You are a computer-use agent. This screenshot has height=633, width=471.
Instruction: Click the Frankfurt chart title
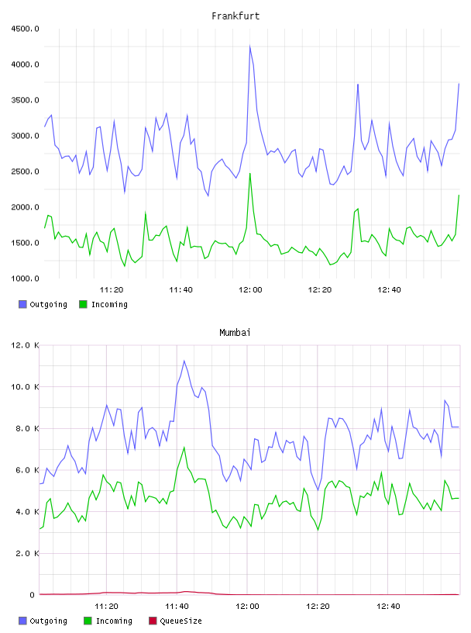coord(235,16)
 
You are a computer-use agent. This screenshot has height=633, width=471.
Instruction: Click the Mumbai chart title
coord(235,333)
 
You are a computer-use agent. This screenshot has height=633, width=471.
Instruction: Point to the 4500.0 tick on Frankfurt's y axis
coord(25,29)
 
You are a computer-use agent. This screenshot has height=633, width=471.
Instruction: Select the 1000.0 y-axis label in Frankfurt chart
coord(25,278)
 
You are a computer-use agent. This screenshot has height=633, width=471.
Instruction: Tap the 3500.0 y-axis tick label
coord(25,100)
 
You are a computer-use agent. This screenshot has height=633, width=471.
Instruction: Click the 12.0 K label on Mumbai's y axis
coord(25,345)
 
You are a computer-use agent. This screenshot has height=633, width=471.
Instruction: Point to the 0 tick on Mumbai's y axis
coord(33,595)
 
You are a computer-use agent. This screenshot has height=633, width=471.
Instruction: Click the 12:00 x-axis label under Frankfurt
coord(250,290)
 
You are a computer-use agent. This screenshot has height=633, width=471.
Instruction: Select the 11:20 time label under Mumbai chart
coord(106,607)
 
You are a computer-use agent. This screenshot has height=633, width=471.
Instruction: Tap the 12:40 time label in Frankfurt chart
coord(389,290)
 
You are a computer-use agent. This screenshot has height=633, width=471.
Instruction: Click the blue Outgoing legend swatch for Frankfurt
coord(22,304)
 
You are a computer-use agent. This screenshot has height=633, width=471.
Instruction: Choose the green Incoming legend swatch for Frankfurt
coord(83,304)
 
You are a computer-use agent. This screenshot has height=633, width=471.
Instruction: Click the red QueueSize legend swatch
coord(153,621)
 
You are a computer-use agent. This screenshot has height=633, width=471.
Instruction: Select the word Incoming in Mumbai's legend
coord(114,621)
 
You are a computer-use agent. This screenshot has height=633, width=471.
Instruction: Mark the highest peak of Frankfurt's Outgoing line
coord(250,46)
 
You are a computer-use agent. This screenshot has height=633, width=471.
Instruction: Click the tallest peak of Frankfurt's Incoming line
coord(250,174)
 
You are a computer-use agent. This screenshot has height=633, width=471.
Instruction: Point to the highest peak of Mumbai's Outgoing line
coord(184,361)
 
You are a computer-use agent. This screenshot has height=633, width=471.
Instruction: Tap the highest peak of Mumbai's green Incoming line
coord(184,448)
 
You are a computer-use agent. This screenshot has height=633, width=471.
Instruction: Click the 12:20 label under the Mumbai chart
coord(318,607)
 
